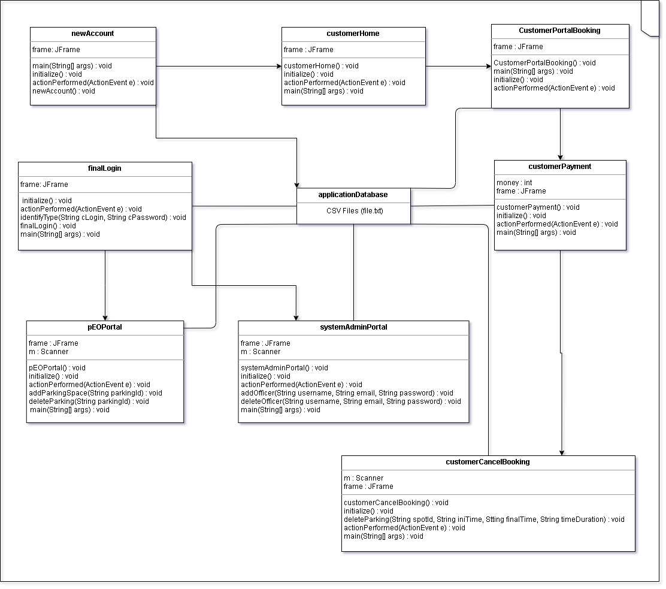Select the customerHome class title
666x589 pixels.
coord(353,34)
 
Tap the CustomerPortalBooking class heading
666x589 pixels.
coord(559,31)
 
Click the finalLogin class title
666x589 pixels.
coord(105,168)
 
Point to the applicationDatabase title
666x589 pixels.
coord(353,195)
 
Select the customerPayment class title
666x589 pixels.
coord(560,167)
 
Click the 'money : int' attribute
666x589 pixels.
coord(514,183)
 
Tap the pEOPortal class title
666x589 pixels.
coord(105,327)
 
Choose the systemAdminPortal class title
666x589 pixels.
coord(353,327)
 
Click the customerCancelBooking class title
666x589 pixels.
coord(488,462)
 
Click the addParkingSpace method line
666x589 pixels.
coord(95,393)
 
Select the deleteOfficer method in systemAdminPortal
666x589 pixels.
coord(351,401)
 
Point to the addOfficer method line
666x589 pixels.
coord(347,393)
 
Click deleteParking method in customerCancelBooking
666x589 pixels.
coord(484,519)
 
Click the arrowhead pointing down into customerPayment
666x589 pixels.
coord(560,156)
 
